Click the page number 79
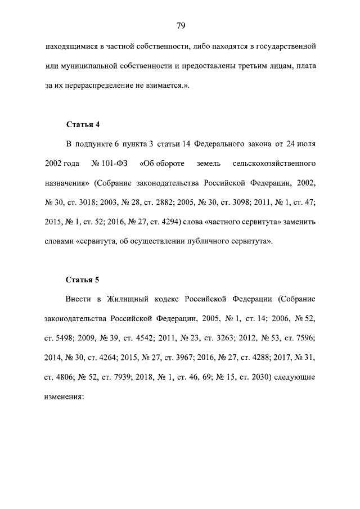tap(181, 25)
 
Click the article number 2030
tap(258, 376)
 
